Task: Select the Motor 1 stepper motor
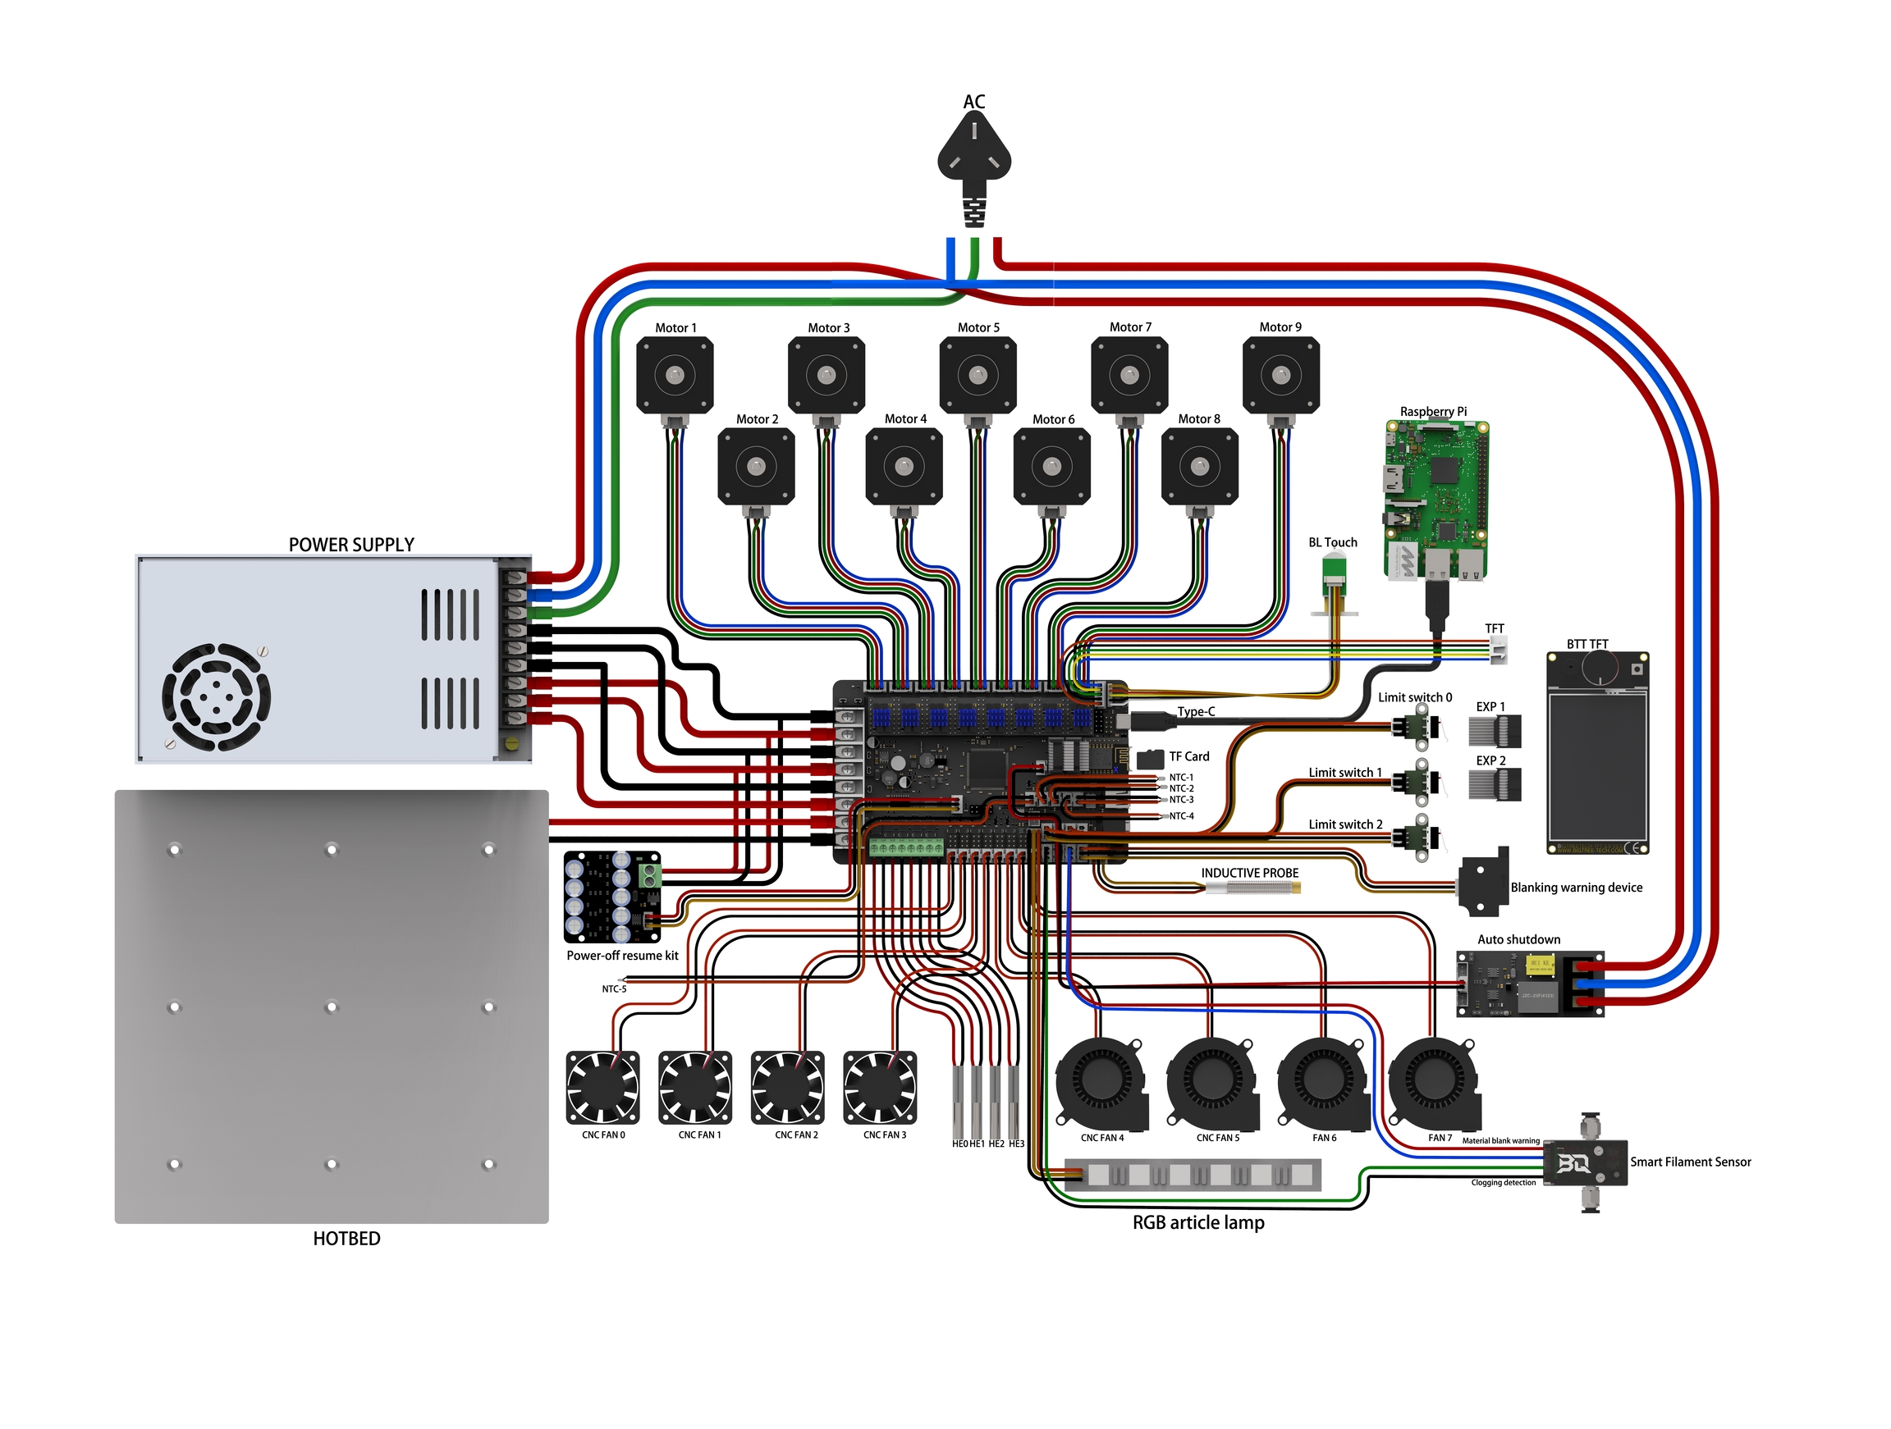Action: pos(675,375)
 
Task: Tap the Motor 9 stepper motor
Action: pos(1280,375)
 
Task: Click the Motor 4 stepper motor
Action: pos(904,467)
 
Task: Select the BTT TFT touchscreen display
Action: pos(1597,752)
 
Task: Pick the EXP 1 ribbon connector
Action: pos(1495,732)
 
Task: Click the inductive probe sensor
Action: pos(1252,888)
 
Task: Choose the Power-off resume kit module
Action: pos(612,896)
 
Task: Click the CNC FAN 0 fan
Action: pos(602,1087)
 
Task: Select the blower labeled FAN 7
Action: pos(1435,1083)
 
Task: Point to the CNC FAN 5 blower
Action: pos(1212,1083)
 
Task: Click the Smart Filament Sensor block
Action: pos(1585,1163)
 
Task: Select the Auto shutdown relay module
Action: pos(1529,984)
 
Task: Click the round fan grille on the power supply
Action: pos(217,696)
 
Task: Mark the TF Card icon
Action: pos(1151,758)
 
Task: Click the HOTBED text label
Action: pos(346,1239)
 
